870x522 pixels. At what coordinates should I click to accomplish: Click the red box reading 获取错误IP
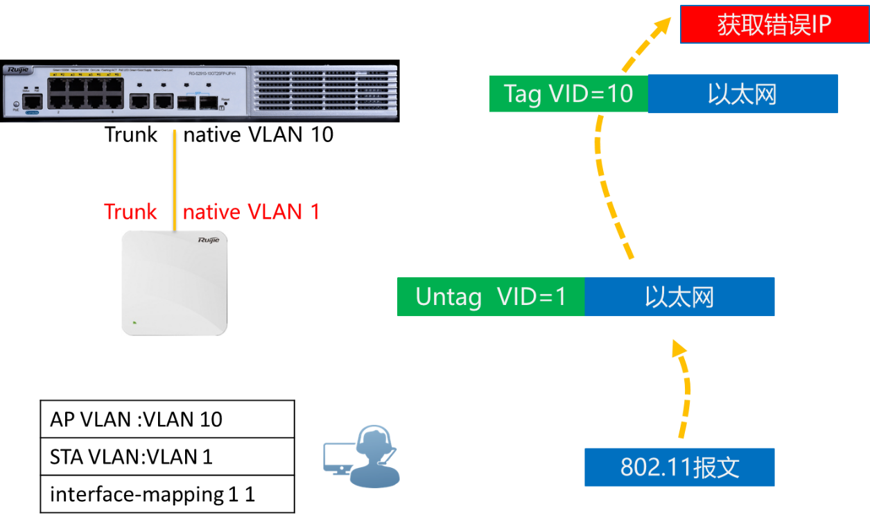774,26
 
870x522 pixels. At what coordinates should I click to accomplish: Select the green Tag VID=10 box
568,94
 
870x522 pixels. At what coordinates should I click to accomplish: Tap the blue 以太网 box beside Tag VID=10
742,94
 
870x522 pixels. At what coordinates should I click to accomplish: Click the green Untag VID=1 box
491,297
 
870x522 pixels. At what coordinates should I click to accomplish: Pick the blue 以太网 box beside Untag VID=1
679,297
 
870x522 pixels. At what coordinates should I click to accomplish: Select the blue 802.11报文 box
679,467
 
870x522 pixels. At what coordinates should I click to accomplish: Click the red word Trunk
130,212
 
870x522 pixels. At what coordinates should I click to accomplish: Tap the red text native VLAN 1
251,212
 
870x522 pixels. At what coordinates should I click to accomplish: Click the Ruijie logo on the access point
208,240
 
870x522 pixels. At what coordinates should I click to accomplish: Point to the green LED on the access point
134,322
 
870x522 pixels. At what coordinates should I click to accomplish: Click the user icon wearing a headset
374,458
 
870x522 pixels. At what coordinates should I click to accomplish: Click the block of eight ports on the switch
85,93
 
